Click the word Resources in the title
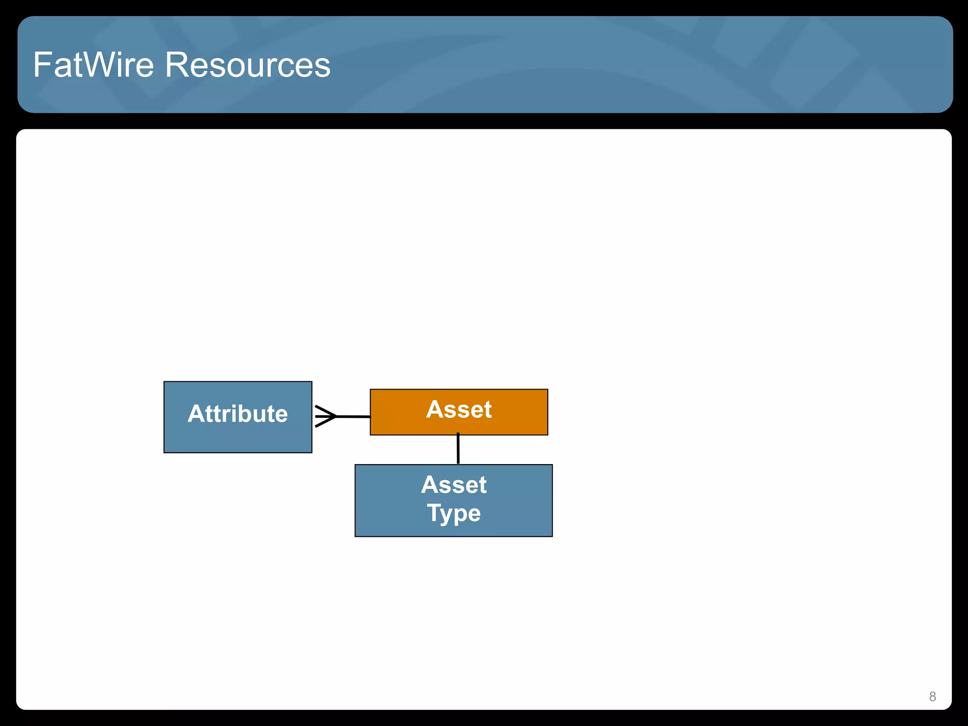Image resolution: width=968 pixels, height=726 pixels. (x=247, y=65)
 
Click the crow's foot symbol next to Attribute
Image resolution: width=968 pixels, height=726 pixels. (x=325, y=416)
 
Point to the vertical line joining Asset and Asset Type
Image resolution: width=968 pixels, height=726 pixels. (x=458, y=449)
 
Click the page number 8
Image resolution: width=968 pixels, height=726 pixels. (x=932, y=696)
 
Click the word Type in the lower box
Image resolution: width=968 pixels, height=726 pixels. (x=454, y=513)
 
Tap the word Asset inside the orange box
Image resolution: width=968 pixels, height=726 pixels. (x=458, y=409)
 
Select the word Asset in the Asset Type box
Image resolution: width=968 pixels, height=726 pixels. (x=454, y=484)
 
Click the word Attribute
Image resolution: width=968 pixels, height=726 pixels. (x=237, y=414)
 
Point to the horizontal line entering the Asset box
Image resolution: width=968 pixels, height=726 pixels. (x=354, y=416)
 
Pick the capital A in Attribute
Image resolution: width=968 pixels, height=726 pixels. (x=197, y=414)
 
